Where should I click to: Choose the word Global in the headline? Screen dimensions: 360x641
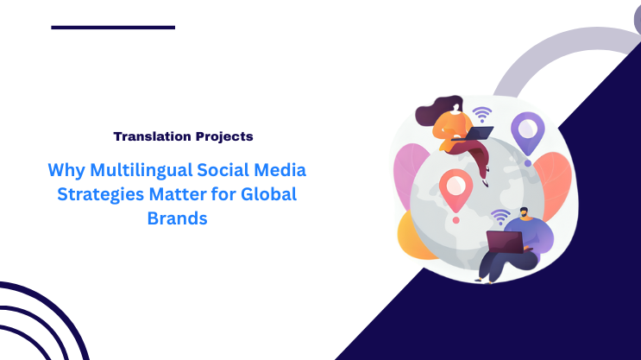[x=270, y=193]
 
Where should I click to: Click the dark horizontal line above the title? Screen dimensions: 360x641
[x=113, y=28]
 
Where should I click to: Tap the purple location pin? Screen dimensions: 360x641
[x=526, y=132]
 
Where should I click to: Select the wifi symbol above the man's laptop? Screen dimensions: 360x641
[x=500, y=216]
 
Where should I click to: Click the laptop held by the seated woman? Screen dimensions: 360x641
[x=479, y=133]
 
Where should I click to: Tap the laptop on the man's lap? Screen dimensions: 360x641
[x=503, y=243]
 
